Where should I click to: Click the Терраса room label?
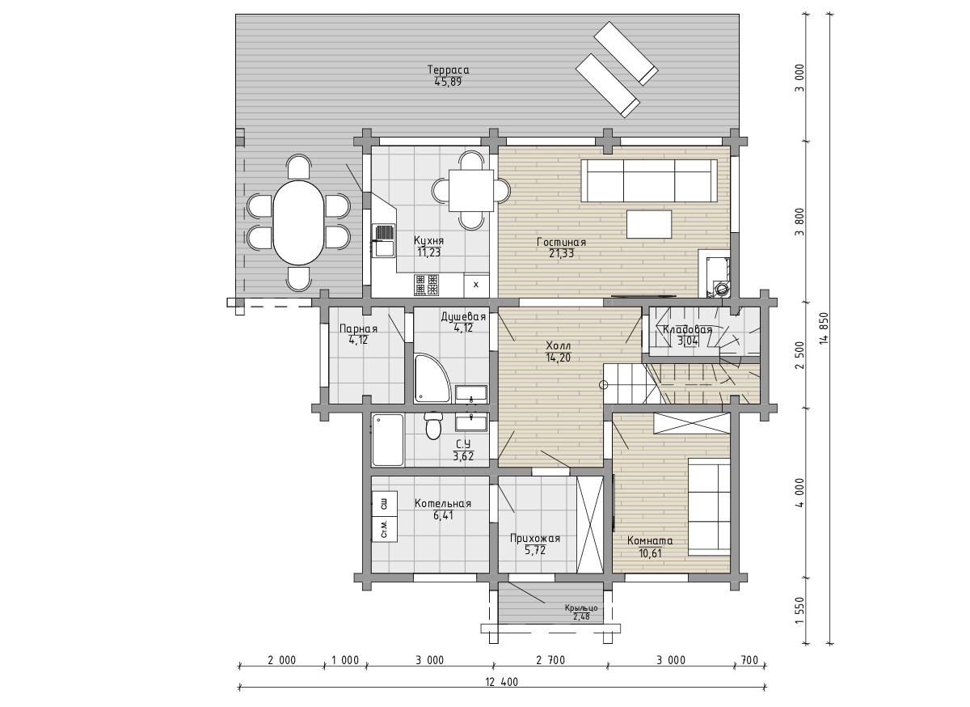[x=448, y=70]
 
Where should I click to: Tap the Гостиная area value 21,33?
[x=561, y=253]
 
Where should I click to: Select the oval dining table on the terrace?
[x=298, y=222]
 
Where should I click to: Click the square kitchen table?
[x=471, y=191]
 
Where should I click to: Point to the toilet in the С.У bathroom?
[x=433, y=425]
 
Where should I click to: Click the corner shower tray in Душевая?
[x=432, y=379]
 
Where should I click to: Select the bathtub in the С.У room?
[x=388, y=440]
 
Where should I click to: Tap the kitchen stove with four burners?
[x=427, y=285]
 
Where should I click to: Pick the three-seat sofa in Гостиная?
[x=649, y=180]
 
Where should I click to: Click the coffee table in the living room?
[x=649, y=224]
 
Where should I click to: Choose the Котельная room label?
[x=443, y=504]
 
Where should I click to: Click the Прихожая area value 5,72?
[x=535, y=551]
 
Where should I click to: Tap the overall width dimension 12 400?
[x=501, y=682]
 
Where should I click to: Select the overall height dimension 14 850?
[x=823, y=328]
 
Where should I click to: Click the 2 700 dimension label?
[x=550, y=660]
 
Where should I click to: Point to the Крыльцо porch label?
[x=581, y=608]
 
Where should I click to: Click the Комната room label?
[x=650, y=541]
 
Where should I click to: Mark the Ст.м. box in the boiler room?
[x=385, y=529]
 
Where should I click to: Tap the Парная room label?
[x=358, y=329]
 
